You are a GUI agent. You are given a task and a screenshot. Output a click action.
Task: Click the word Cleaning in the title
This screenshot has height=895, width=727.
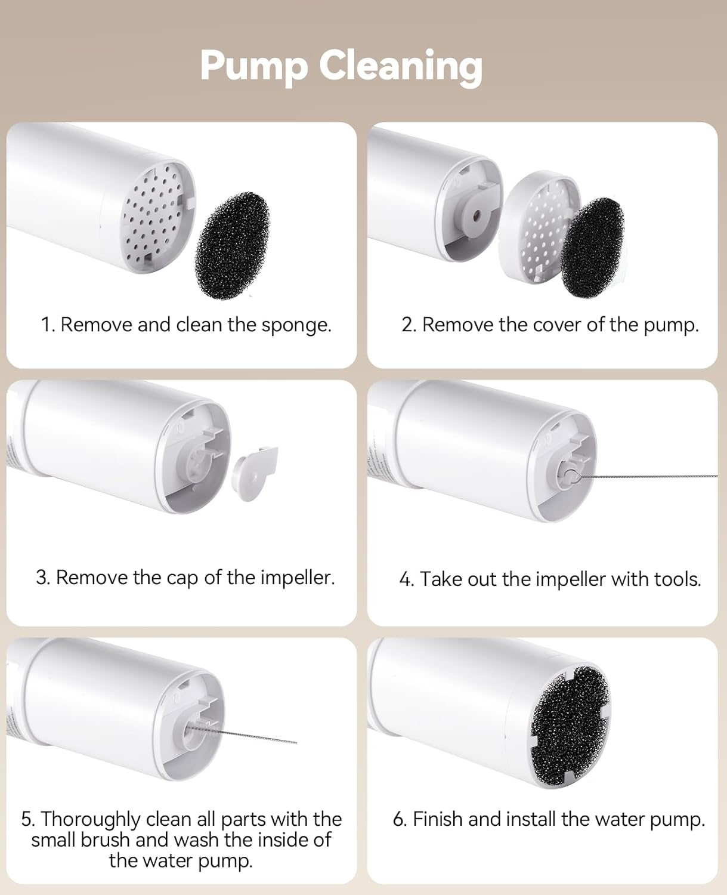coord(401,65)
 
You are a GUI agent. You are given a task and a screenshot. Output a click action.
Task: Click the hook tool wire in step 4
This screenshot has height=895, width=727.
coord(644,476)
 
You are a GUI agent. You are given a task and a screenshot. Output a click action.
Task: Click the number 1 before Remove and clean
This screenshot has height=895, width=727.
coord(46,325)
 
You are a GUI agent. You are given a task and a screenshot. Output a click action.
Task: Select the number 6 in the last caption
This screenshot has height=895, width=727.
coord(398,819)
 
